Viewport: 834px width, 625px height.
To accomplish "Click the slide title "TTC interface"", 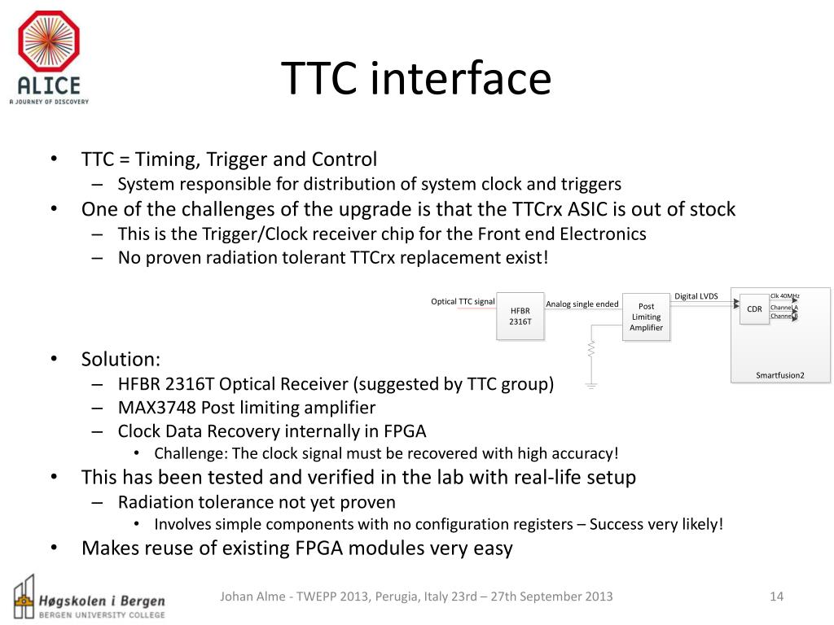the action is coord(416,79).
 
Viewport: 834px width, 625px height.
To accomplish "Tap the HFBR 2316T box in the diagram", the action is coord(520,315).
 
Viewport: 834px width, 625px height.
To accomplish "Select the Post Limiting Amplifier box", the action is coord(646,317).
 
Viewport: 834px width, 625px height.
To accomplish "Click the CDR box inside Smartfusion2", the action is coord(754,309).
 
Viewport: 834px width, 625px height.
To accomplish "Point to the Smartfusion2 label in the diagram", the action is coord(779,375).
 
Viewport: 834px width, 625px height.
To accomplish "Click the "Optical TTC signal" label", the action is coord(463,302).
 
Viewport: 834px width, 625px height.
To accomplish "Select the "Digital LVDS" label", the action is coord(696,296).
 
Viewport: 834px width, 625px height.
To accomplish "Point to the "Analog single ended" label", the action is coord(582,304).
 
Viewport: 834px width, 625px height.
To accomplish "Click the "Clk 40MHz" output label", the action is coord(784,295).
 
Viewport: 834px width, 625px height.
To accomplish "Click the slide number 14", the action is coord(776,597).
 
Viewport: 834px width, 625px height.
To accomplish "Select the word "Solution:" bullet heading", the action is coord(121,359).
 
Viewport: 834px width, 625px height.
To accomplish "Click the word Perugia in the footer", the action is coord(396,597).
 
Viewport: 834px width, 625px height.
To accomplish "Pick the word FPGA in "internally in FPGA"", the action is coord(404,431).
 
